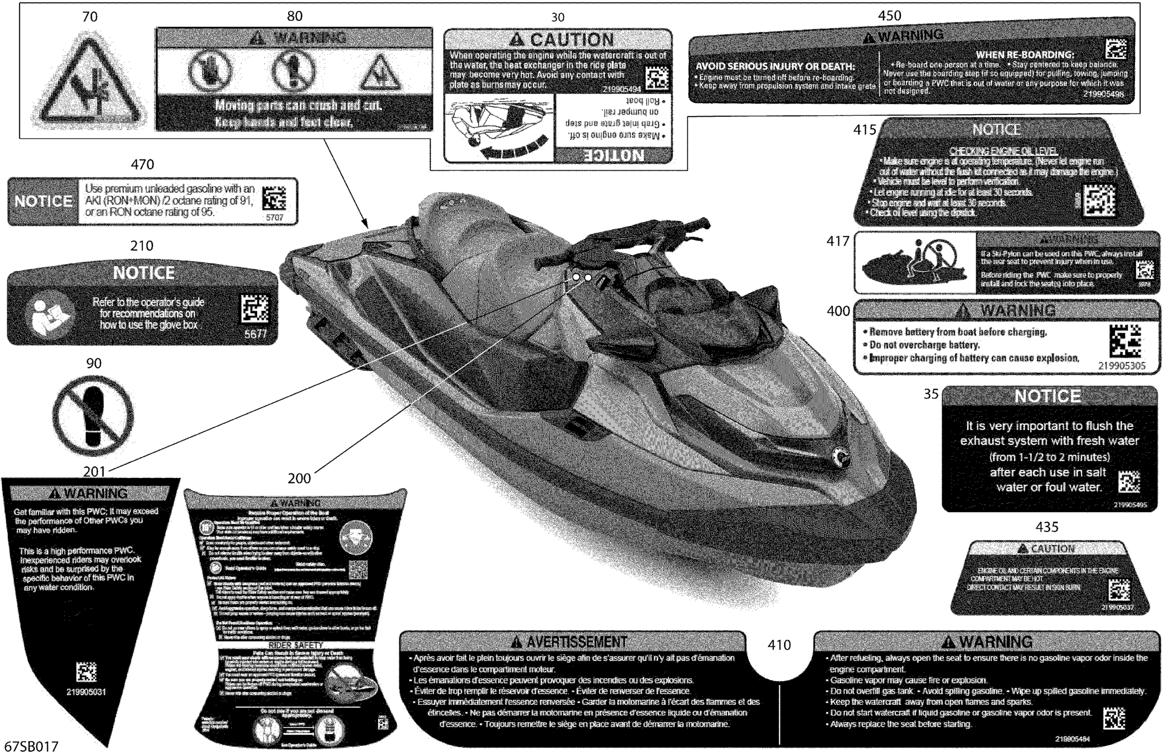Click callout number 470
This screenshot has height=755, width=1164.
143,164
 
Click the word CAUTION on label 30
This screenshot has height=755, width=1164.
571,40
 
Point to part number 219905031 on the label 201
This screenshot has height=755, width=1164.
86,692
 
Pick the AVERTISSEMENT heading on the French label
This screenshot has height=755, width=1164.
576,641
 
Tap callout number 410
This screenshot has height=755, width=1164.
779,645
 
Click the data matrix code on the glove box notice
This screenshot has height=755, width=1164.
255,309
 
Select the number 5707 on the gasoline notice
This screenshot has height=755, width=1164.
274,217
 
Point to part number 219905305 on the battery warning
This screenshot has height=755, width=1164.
1121,366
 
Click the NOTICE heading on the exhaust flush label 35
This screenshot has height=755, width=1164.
1048,396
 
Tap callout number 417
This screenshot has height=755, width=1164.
838,241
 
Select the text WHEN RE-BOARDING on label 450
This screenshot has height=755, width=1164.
1025,55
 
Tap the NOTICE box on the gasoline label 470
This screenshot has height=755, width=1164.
44,201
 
